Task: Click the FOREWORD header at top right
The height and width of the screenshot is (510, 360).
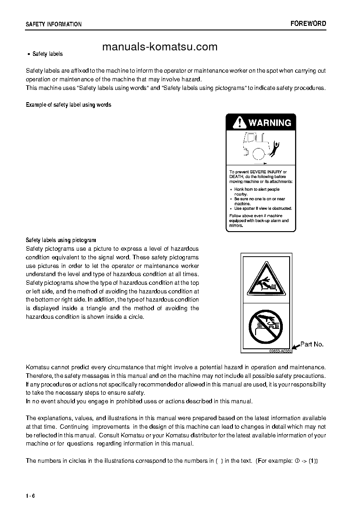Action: point(308,24)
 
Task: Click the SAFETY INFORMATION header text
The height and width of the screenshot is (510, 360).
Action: point(54,25)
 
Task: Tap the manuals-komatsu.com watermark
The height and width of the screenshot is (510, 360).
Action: point(160,47)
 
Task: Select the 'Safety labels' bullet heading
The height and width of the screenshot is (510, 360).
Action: point(47,54)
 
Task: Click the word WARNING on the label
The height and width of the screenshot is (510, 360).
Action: point(269,123)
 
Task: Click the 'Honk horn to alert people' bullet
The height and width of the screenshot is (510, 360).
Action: point(256,189)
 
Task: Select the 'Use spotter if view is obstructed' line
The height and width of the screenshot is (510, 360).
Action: point(263,208)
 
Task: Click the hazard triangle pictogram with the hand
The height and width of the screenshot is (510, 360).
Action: point(266,281)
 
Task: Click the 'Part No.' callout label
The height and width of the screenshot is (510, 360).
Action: point(312,344)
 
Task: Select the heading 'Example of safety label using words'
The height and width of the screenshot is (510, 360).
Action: point(69,105)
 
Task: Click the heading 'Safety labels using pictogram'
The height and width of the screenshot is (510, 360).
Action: point(61,240)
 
